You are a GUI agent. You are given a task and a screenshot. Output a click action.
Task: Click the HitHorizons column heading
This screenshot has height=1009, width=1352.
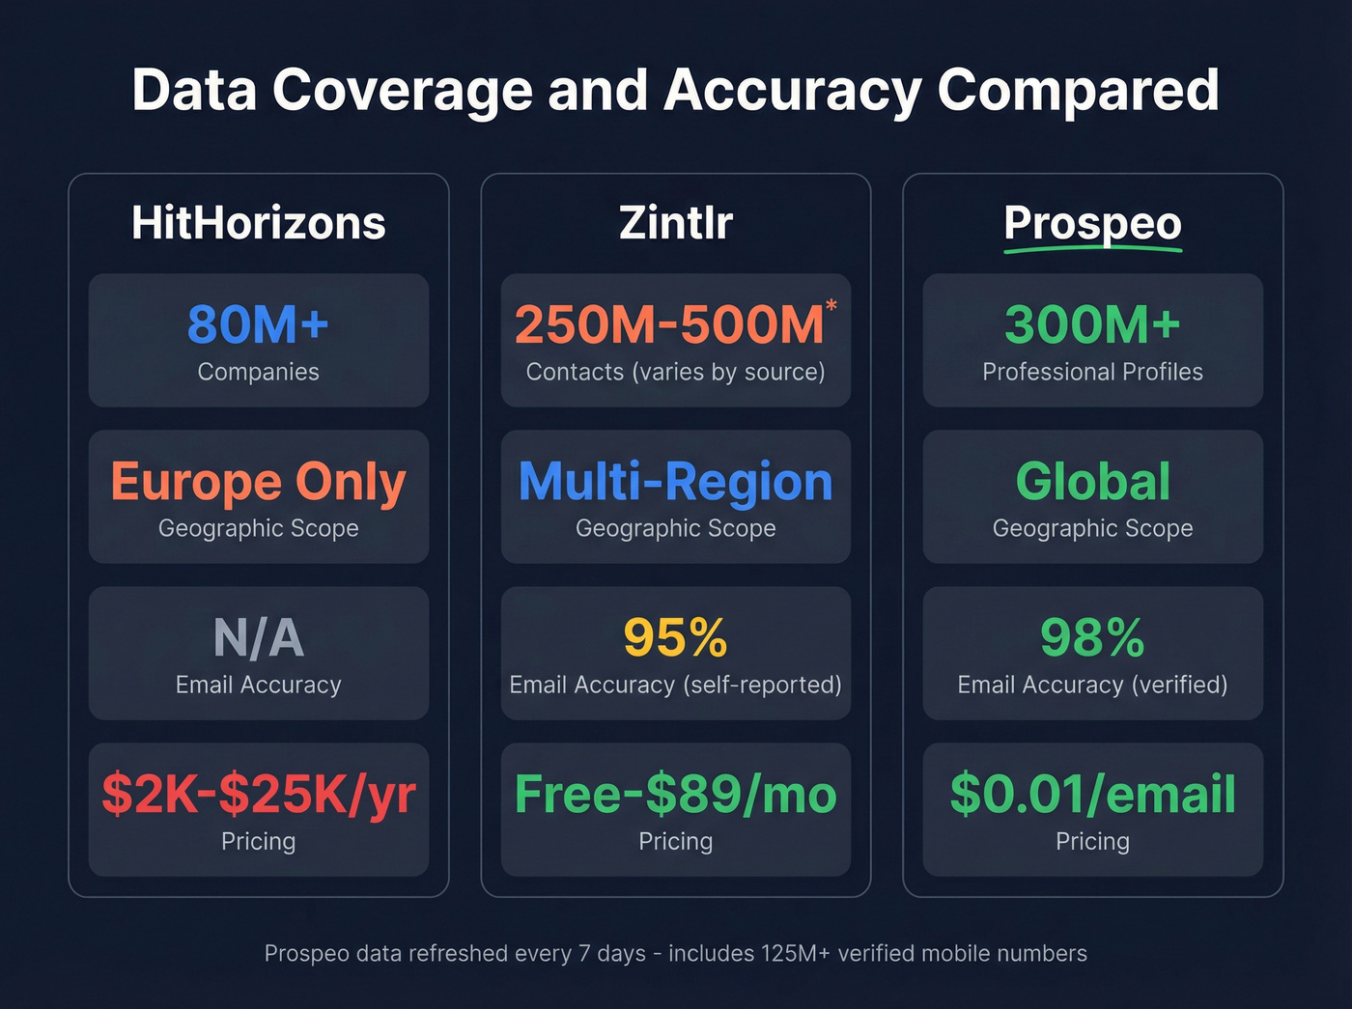[258, 223]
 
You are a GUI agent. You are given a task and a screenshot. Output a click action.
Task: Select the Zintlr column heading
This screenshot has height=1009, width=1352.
[675, 223]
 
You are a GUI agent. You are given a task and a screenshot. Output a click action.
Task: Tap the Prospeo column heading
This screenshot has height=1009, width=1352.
[1092, 223]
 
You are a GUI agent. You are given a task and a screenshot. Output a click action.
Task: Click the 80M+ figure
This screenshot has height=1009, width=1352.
[258, 324]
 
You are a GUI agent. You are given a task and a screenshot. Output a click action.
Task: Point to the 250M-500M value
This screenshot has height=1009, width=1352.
[669, 324]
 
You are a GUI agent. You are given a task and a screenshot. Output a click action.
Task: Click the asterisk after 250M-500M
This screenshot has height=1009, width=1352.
[831, 306]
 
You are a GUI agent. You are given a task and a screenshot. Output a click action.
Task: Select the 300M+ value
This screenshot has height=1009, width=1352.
[1092, 324]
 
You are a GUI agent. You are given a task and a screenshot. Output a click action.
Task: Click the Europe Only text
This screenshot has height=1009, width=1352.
[258, 482]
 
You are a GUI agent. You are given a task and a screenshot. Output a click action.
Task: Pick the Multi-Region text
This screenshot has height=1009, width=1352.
[675, 482]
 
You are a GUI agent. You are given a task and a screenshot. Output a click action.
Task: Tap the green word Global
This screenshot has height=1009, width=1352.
[1092, 482]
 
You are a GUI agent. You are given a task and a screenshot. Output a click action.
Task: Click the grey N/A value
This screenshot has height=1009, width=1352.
[258, 638]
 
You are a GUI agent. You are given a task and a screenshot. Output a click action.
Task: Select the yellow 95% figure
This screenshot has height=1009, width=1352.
[675, 638]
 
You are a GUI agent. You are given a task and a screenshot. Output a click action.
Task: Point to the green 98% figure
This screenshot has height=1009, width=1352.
[1092, 638]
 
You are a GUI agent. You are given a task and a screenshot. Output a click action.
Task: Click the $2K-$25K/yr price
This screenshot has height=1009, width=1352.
[258, 795]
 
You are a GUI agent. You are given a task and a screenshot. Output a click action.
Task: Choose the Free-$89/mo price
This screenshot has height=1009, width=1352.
[675, 795]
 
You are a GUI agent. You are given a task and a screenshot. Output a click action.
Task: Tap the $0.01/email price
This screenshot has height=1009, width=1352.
[1092, 795]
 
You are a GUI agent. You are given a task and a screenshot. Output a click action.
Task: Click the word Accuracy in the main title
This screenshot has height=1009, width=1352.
[792, 91]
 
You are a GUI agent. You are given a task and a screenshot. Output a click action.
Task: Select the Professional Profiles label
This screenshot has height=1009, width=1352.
[1092, 372]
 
